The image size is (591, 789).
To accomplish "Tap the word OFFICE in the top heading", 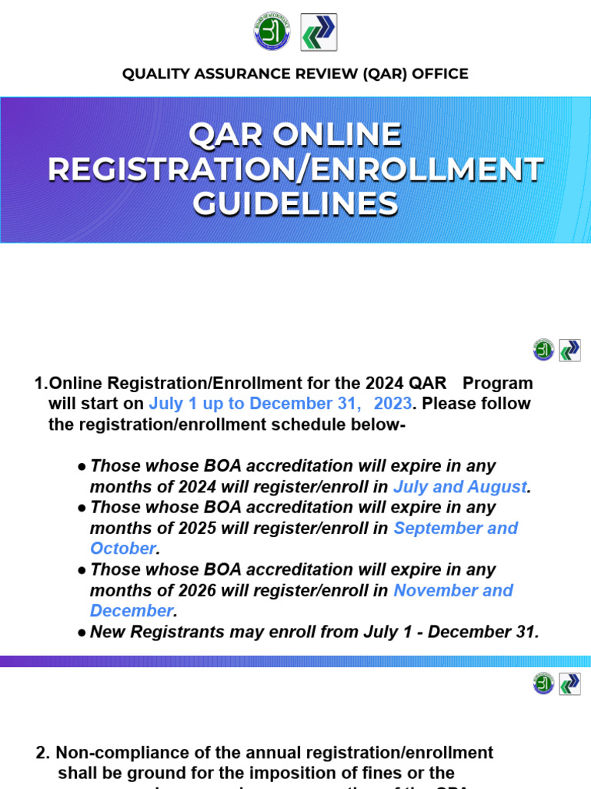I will (438, 74).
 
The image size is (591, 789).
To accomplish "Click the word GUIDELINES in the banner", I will (295, 204).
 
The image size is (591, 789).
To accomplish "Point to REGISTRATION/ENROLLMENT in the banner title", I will (295, 170).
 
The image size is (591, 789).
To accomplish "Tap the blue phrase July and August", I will (460, 487).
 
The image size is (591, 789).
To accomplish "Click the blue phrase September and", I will (456, 529).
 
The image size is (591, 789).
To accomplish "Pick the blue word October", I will (122, 549).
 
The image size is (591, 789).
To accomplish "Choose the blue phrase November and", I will (453, 591).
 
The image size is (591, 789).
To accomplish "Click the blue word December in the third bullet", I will (131, 611).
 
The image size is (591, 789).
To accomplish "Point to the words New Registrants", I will (146, 632).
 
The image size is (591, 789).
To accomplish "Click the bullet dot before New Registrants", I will (81, 633).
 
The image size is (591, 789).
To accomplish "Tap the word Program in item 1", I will (497, 383).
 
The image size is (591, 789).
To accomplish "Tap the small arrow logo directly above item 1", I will (569, 350).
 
